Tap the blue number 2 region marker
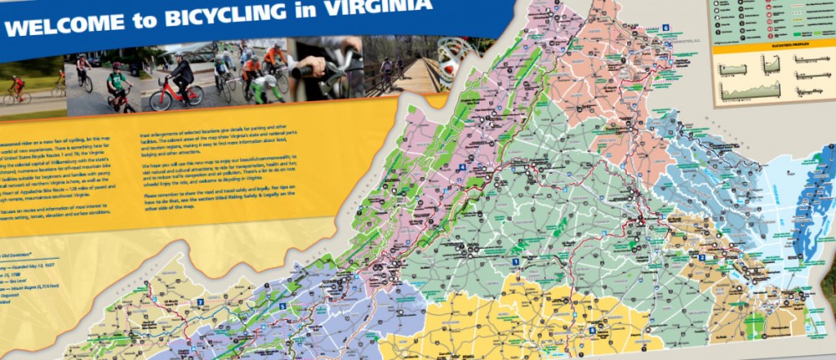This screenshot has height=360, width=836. click(x=701, y=258)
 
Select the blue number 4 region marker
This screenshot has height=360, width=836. click(x=462, y=167)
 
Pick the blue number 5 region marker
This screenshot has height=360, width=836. click(x=282, y=306)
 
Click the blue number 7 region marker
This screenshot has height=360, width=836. click(x=200, y=302)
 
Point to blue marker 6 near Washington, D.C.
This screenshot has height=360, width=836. click(x=665, y=27)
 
